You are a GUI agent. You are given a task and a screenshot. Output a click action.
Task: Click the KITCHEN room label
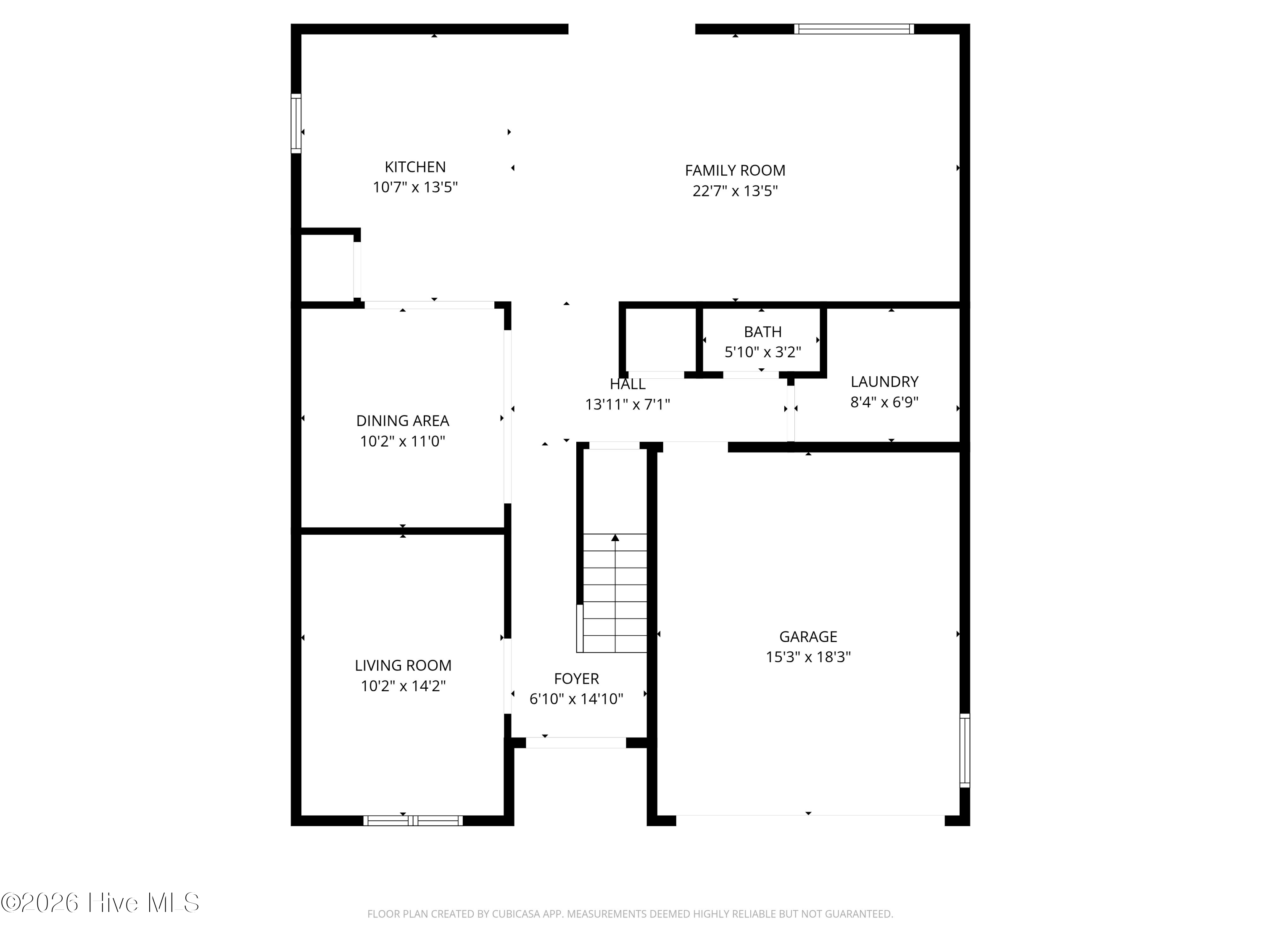[x=415, y=167]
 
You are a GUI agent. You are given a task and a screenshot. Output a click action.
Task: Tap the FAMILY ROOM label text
[x=735, y=171]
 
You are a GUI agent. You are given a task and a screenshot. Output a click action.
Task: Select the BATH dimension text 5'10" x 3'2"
[x=763, y=352]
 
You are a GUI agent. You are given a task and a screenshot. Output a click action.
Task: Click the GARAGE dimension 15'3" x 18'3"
[x=808, y=657]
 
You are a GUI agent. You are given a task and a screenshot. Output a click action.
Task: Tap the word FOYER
[x=576, y=679]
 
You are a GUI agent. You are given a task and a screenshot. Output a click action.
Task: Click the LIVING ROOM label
[x=403, y=666]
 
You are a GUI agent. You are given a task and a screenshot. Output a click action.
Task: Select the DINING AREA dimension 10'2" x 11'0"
[x=403, y=441]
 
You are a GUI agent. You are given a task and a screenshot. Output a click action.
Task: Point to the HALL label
[x=627, y=384]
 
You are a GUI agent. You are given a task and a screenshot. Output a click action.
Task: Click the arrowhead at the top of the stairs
[x=615, y=537]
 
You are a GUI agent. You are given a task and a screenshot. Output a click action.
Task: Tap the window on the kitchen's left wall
[x=296, y=123]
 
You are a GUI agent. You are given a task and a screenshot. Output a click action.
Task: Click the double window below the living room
[x=413, y=821]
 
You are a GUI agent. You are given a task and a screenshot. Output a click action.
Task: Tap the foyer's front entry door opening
[x=576, y=743]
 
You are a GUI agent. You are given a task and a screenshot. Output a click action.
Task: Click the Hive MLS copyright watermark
[x=100, y=903]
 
